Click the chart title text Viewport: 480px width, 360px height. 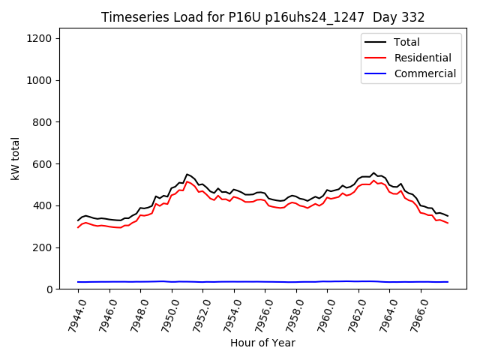tap(262, 17)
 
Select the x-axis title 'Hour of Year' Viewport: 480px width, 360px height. tap(262, 343)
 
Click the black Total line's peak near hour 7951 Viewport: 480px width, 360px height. tap(187, 174)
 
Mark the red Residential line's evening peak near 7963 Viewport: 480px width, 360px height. tap(373, 181)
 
